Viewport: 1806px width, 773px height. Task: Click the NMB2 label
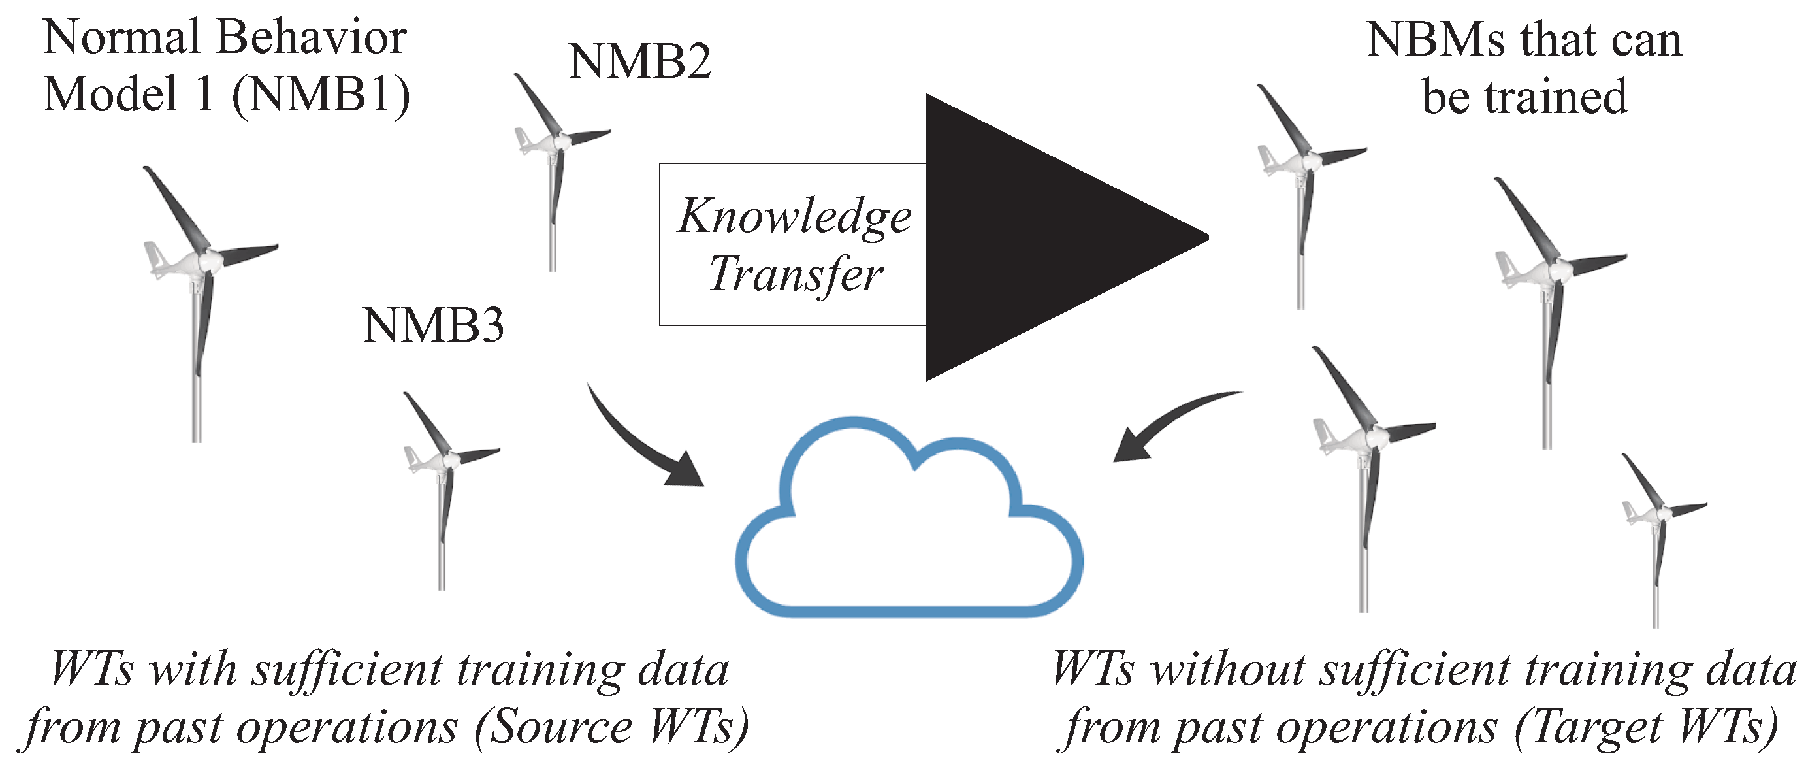click(639, 61)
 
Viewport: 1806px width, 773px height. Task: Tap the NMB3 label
click(433, 325)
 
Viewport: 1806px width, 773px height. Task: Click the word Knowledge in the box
click(794, 216)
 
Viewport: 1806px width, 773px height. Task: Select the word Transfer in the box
click(795, 274)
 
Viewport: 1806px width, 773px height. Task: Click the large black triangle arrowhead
click(1038, 237)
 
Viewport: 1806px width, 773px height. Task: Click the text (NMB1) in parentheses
click(321, 95)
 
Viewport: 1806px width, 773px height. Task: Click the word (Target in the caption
click(1588, 727)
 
